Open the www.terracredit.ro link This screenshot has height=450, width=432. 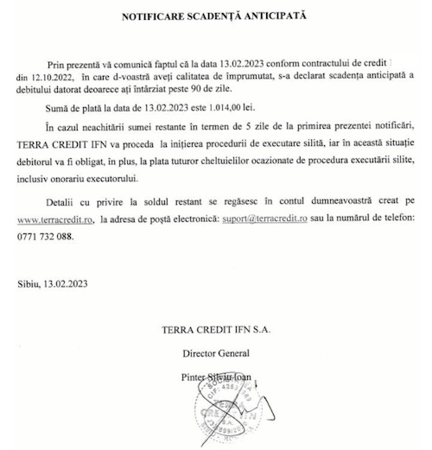[x=54, y=221]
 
